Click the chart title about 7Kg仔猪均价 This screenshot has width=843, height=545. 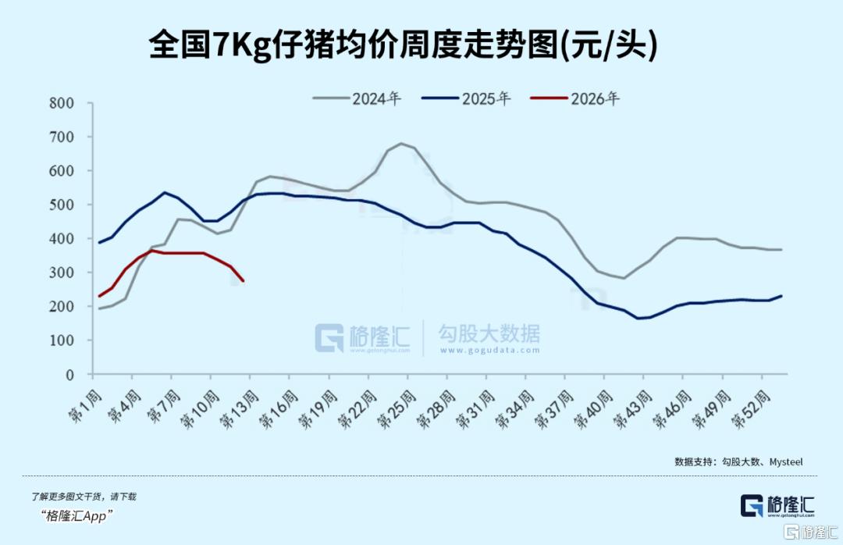coord(403,45)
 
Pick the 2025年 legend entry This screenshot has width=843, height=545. coord(466,99)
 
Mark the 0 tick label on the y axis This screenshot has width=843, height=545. coord(69,375)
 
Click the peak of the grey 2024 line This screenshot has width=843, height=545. coord(401,144)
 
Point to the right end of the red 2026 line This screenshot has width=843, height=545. coord(243,281)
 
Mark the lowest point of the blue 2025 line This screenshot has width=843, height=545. coord(638,318)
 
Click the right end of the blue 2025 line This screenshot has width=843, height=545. coord(781,296)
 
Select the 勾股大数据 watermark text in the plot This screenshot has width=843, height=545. coord(489,335)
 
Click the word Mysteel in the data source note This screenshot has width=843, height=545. coord(786,462)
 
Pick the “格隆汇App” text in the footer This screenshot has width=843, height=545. coord(77,515)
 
